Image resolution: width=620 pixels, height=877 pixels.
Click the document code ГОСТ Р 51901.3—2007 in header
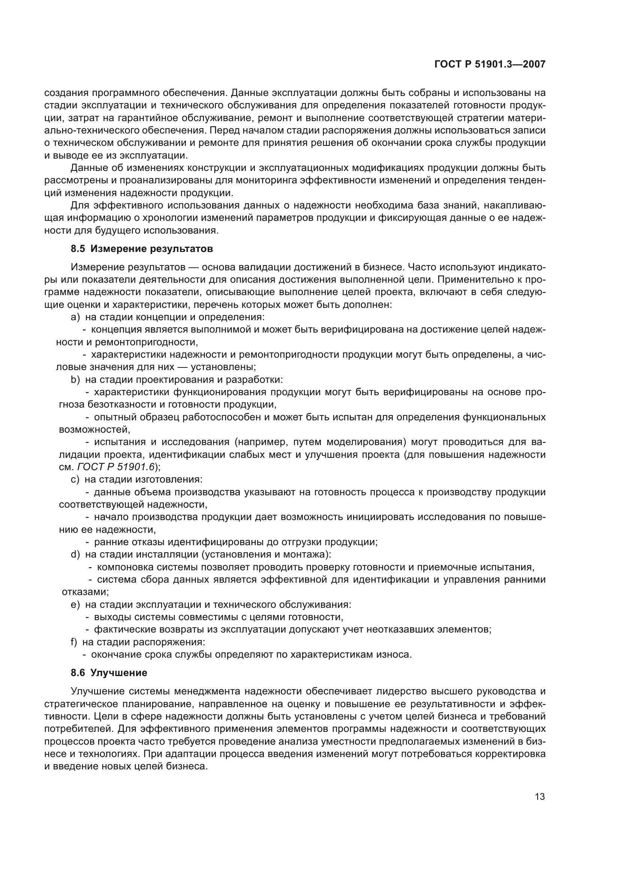coord(490,64)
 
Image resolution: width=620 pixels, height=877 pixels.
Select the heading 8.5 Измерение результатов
coord(142,249)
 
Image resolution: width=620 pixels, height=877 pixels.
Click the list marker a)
coord(75,317)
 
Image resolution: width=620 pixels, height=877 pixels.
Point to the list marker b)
coord(75,380)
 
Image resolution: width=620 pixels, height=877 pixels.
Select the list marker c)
coord(75,480)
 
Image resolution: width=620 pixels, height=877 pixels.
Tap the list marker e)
coord(75,605)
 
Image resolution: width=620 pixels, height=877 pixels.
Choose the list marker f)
coord(74,642)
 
